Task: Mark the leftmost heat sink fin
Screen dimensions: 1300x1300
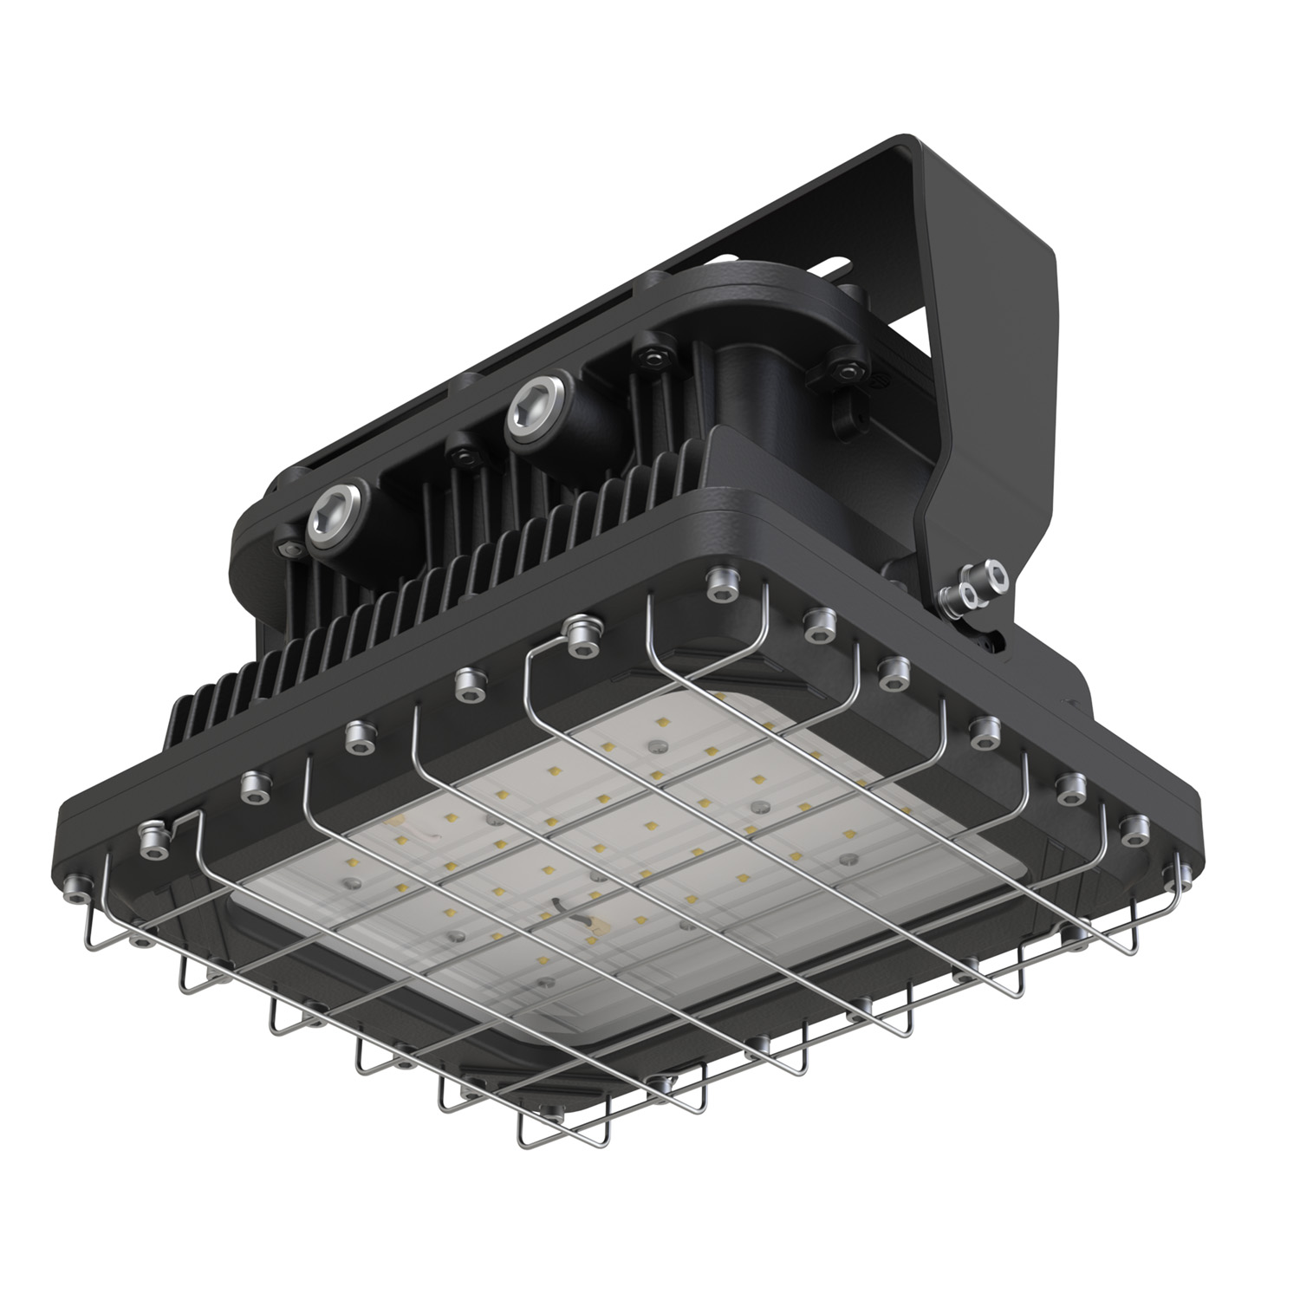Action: (178, 715)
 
